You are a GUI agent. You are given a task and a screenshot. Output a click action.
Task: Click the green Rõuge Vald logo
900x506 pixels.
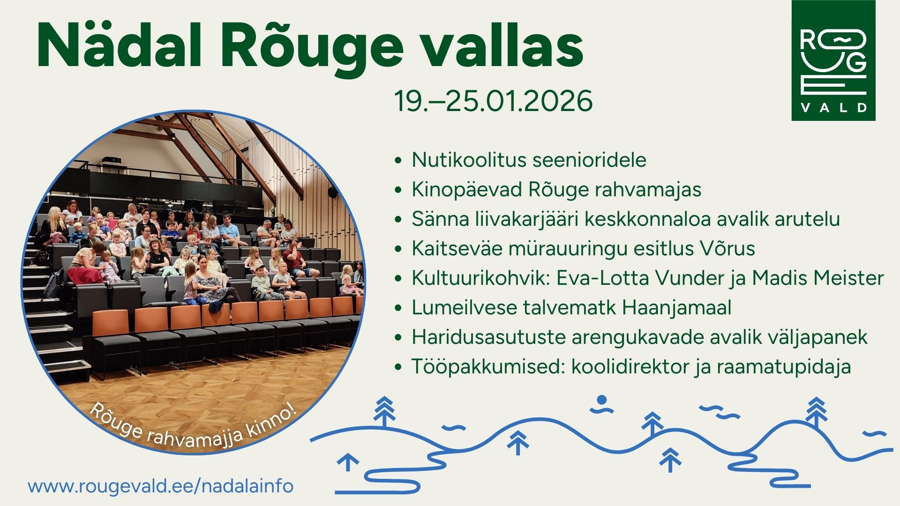(833, 60)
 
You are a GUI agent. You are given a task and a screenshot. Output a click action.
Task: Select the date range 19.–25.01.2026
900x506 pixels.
(494, 101)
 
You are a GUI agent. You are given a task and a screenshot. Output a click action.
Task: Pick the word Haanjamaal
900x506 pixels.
(677, 308)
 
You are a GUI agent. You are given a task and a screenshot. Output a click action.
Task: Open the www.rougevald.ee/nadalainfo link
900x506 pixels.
(161, 486)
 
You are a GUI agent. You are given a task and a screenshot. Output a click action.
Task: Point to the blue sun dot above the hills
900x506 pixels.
(602, 400)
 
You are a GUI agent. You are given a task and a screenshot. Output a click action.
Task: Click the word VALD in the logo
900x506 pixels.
(833, 108)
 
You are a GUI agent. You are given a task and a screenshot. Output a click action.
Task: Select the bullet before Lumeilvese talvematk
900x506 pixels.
(398, 308)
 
